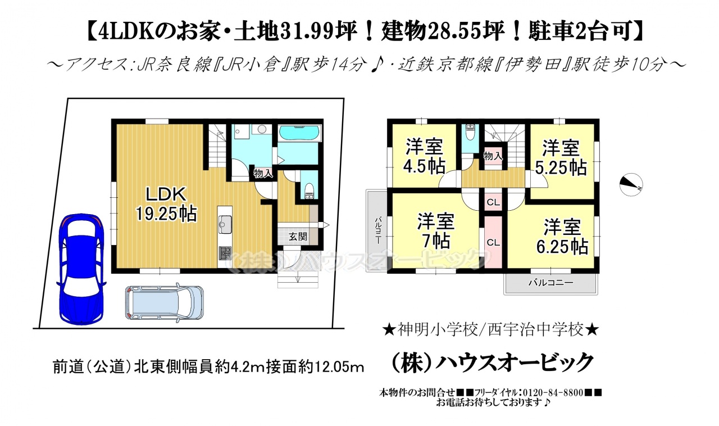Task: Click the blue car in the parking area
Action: coord(81,269)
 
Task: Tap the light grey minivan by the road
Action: coord(164,302)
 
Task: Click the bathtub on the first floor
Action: coord(299,133)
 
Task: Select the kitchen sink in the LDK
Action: coord(225,224)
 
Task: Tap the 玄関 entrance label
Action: coord(298,237)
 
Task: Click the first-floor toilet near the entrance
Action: coord(310,192)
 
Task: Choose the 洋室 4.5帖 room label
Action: coord(424,156)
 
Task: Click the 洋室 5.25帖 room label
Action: coord(561,158)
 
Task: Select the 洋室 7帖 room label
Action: coord(435,230)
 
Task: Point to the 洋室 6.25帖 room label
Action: coord(562,237)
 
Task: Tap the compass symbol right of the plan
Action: coord(631,185)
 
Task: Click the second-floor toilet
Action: coord(470,133)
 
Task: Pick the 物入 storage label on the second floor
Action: coord(493,156)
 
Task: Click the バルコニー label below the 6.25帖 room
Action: coord(551,283)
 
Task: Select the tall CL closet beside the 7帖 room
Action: coord(493,242)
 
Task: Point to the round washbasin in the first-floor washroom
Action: coord(262,129)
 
